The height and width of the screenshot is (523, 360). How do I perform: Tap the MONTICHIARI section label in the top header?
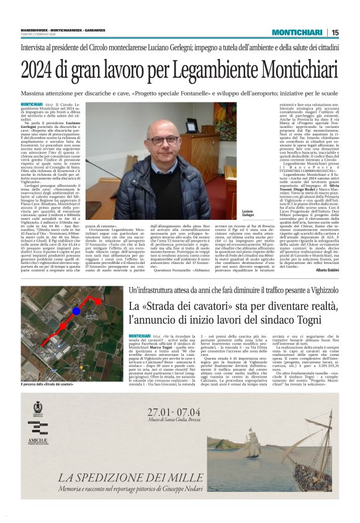pyautogui.click(x=299, y=32)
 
